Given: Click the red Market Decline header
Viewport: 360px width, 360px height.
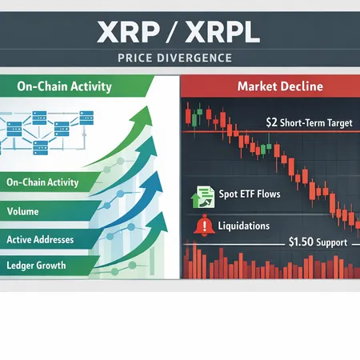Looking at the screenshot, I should pos(270,86).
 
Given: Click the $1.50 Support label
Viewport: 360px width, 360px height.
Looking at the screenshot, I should pos(319,241).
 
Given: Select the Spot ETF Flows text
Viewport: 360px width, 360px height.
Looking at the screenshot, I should pos(249,194).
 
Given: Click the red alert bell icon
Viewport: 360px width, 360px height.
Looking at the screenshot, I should pos(202,226).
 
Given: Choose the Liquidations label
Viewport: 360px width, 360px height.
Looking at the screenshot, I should pos(243,226).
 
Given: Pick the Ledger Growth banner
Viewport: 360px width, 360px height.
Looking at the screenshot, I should pos(36,265).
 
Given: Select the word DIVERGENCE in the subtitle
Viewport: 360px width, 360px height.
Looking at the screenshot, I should pos(197,58).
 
